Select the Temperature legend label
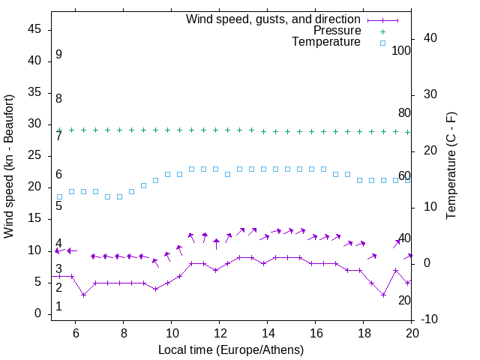click(326, 42)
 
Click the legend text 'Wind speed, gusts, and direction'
click(274, 19)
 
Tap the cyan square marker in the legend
click(382, 43)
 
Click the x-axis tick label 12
click(219, 333)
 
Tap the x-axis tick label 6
click(75, 333)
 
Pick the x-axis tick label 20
click(411, 333)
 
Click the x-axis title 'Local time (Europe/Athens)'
click(231, 349)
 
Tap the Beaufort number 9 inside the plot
click(58, 55)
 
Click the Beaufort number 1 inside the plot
click(58, 307)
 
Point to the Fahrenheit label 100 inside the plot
click(401, 51)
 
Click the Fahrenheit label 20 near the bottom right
click(404, 300)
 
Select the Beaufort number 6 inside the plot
click(58, 175)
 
